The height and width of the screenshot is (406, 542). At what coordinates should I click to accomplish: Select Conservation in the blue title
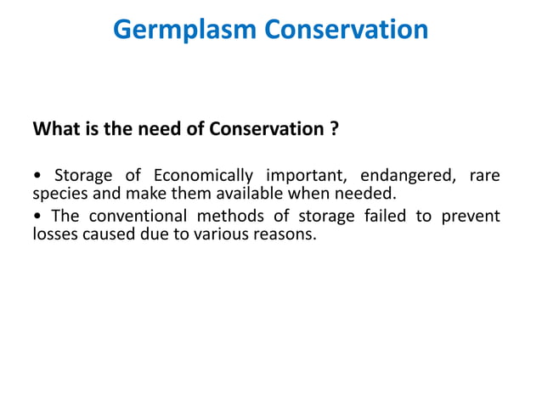347,30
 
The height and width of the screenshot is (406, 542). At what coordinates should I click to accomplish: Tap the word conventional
133,217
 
